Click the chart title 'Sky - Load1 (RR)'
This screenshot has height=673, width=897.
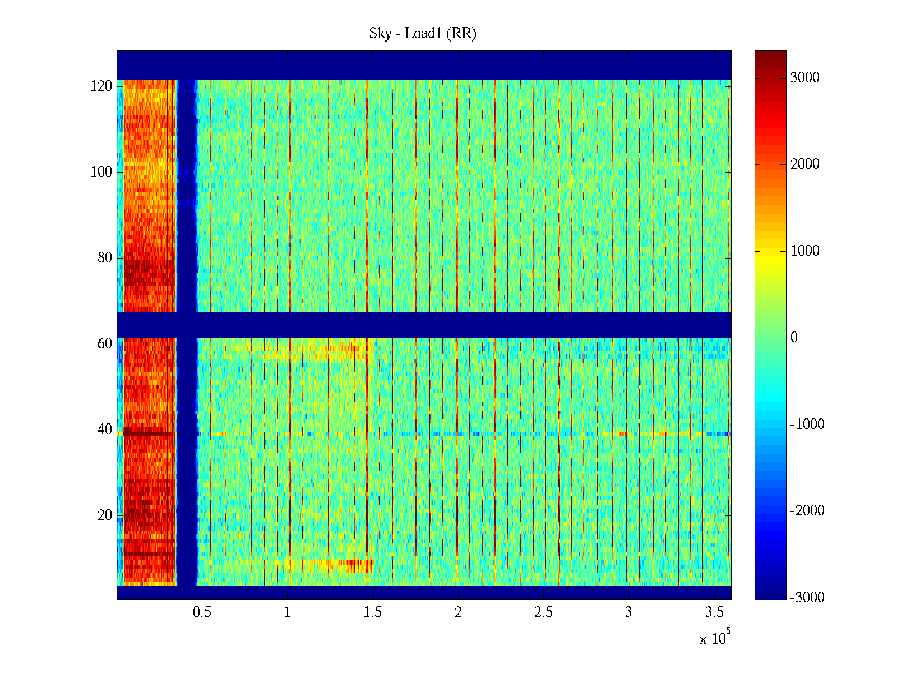point(422,34)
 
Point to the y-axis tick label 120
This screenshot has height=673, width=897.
point(101,86)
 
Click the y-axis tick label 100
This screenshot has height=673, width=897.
point(101,172)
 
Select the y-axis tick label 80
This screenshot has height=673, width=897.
point(105,258)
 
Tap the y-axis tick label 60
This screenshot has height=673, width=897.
point(105,344)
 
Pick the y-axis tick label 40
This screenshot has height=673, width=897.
point(105,430)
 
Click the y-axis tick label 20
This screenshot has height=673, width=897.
point(105,515)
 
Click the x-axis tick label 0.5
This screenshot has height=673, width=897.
point(202,612)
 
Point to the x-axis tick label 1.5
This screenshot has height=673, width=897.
point(372,612)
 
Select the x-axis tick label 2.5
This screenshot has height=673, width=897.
point(543,612)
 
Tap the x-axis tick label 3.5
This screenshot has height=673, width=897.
point(714,612)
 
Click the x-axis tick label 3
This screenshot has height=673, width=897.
point(628,612)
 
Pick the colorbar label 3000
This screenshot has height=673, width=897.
point(805,78)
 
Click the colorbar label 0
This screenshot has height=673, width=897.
point(794,338)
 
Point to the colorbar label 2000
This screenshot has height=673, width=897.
point(805,164)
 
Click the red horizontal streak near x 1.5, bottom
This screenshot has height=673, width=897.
point(359,563)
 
